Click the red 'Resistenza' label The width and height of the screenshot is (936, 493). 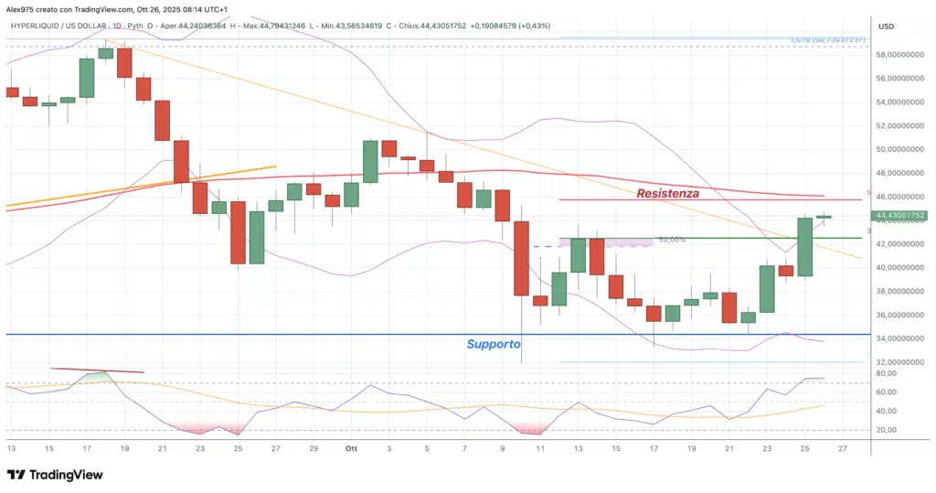667,193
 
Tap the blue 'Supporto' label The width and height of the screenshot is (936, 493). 493,344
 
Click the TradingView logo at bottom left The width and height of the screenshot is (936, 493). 55,475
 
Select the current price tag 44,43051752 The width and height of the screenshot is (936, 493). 900,216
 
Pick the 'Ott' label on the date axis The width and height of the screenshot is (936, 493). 352,448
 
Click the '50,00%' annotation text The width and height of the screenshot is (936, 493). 672,240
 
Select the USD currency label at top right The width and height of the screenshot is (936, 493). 885,27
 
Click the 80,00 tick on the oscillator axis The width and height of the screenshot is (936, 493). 888,373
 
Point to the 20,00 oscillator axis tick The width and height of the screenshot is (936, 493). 888,430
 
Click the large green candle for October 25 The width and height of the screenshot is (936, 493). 804,246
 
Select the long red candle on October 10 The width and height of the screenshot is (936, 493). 521,258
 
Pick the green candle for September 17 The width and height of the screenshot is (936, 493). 87,78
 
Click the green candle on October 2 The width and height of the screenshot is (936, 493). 370,161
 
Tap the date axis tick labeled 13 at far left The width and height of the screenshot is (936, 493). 11,448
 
